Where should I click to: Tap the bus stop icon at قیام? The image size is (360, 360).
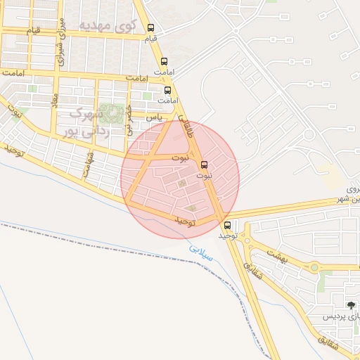pos(151,29)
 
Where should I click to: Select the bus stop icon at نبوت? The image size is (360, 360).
pos(205,165)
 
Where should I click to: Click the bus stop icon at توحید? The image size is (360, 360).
pos(226,226)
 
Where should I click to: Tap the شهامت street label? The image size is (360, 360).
pos(89,164)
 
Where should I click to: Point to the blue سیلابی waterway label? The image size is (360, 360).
pos(200,250)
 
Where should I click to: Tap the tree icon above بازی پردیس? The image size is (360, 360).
pos(351,304)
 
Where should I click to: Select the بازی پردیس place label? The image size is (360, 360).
pos(342,317)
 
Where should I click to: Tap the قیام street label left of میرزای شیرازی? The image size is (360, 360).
pos(33,32)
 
